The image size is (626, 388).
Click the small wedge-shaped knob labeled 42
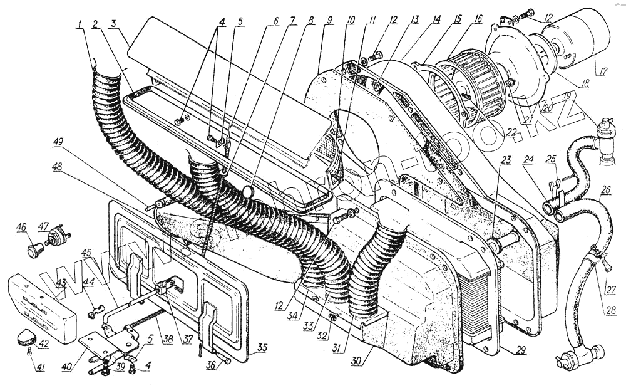[x=25, y=338]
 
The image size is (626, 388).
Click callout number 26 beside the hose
[x=605, y=189]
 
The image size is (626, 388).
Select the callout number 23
[x=506, y=159]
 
